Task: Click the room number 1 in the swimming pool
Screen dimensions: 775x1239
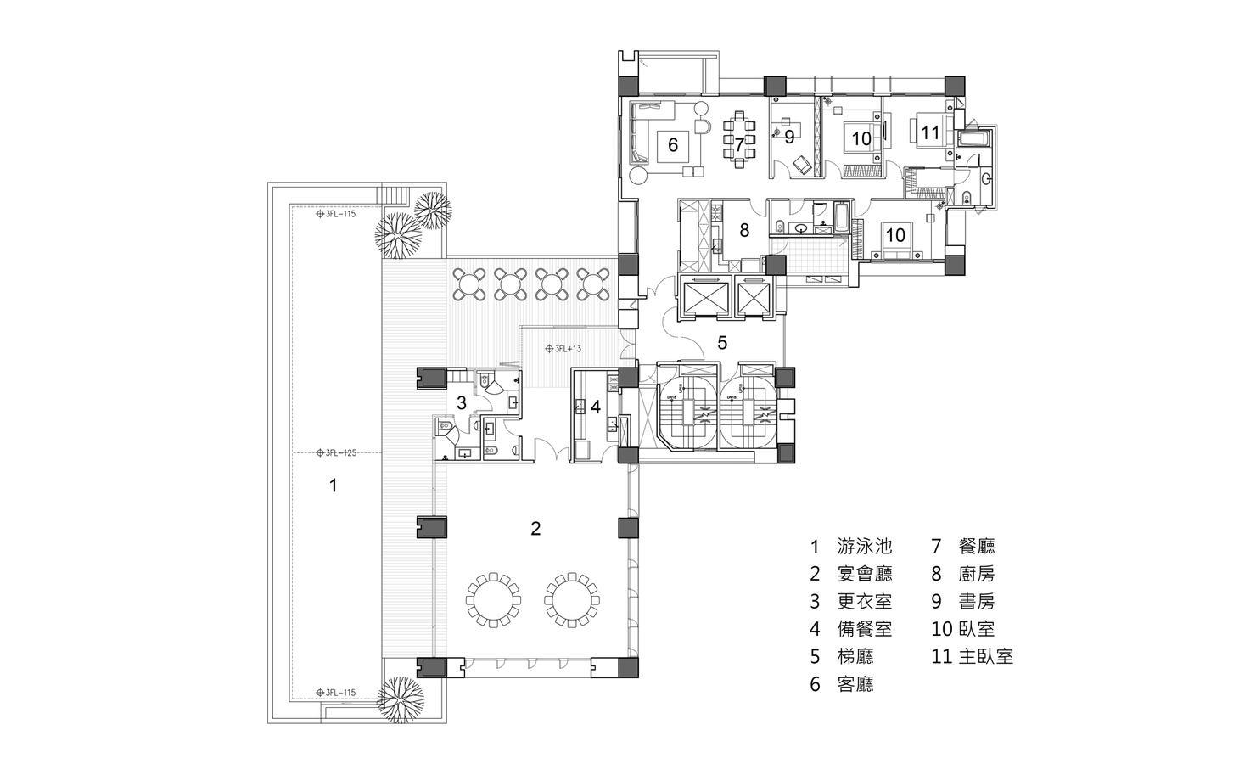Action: pos(334,486)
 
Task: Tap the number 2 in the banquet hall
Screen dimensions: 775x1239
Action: pos(535,529)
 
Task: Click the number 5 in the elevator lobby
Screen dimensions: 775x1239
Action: pos(722,344)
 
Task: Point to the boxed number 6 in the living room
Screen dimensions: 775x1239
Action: pos(672,145)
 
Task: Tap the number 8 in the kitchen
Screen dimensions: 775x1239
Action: pos(743,229)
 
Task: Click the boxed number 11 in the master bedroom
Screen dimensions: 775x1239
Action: pos(930,132)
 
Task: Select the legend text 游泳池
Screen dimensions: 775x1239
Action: pos(865,547)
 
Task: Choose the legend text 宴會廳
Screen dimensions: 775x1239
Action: pos(865,574)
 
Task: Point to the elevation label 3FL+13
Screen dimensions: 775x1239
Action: pos(564,348)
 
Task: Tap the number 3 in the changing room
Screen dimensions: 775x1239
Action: pos(461,403)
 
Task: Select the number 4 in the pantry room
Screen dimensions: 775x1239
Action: pos(596,407)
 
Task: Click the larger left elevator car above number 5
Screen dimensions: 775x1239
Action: pos(706,298)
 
